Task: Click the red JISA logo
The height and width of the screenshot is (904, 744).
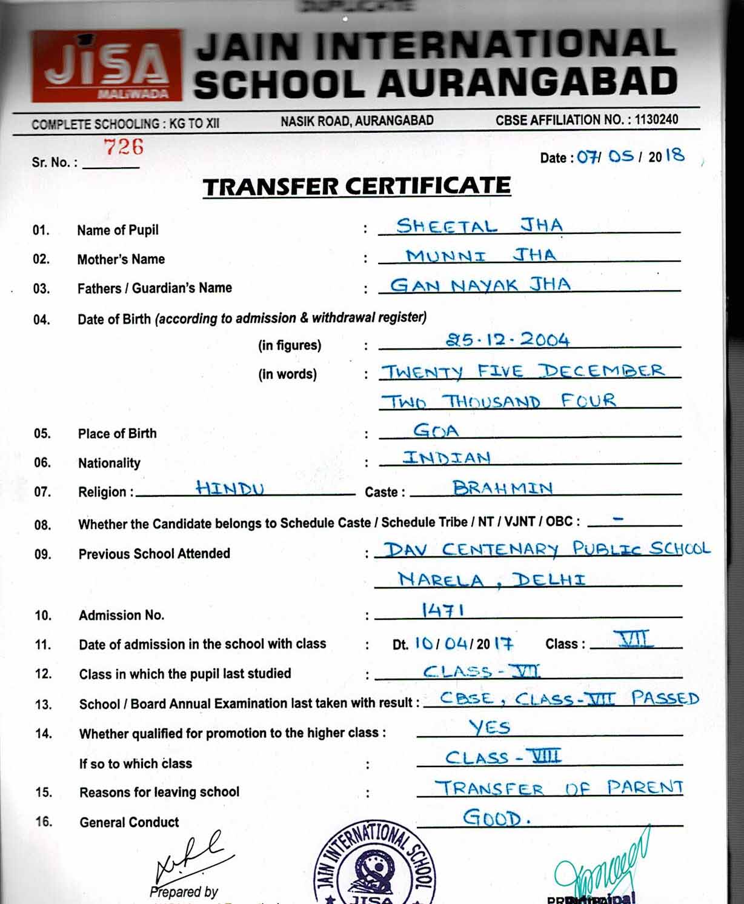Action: tap(107, 65)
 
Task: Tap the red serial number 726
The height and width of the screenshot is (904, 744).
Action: tap(123, 147)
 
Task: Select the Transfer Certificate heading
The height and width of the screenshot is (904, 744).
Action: tap(357, 187)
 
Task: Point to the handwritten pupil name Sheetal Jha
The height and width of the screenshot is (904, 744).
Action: tap(479, 226)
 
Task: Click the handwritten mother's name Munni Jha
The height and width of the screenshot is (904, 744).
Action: tap(480, 255)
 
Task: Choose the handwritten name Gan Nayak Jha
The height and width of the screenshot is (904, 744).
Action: tap(480, 285)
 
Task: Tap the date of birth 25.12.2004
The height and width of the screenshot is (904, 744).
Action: tap(508, 340)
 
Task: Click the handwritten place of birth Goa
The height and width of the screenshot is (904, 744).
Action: tap(436, 430)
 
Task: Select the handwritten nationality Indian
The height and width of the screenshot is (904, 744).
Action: tap(447, 457)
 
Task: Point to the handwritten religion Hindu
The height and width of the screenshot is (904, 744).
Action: tap(230, 488)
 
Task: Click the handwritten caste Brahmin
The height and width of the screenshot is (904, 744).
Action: tap(502, 488)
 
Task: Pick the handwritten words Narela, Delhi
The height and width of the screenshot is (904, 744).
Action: tap(491, 580)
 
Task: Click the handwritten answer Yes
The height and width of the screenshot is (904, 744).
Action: tap(490, 727)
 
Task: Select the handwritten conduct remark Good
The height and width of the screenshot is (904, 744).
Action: tap(496, 818)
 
